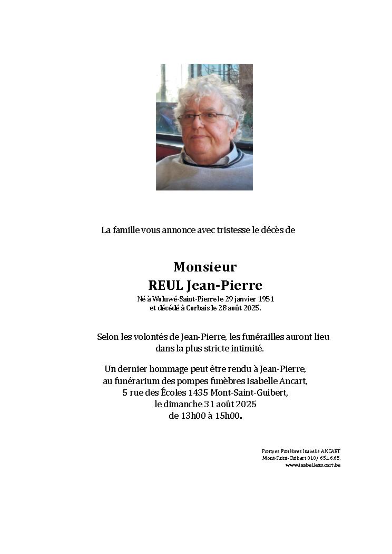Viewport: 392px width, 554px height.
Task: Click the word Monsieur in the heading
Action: pyautogui.click(x=205, y=267)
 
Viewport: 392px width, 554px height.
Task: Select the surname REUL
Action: pyautogui.click(x=165, y=286)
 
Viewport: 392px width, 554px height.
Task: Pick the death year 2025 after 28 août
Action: pyautogui.click(x=251, y=308)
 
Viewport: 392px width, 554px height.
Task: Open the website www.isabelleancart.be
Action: pyautogui.click(x=313, y=465)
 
